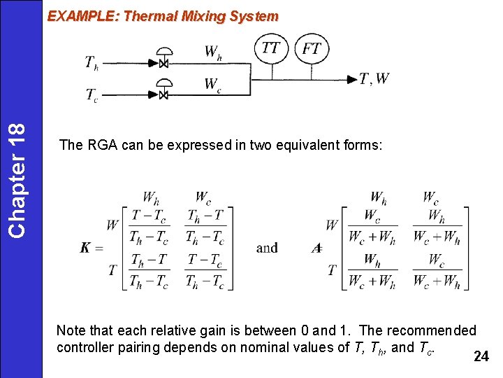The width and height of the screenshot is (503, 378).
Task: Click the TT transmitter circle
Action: (271, 48)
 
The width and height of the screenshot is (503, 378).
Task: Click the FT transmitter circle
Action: (312, 48)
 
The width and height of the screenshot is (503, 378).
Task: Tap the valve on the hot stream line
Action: (164, 63)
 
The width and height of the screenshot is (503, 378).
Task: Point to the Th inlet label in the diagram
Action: (92, 63)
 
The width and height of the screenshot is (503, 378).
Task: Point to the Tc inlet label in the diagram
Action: (92, 94)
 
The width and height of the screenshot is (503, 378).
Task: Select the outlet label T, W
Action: (374, 79)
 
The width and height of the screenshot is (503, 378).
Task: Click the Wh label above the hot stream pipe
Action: (214, 51)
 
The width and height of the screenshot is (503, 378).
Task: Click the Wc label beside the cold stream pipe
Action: (213, 85)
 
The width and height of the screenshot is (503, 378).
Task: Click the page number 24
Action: (481, 356)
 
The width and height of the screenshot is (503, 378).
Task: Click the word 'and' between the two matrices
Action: (267, 248)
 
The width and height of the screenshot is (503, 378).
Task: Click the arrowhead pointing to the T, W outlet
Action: (352, 79)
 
